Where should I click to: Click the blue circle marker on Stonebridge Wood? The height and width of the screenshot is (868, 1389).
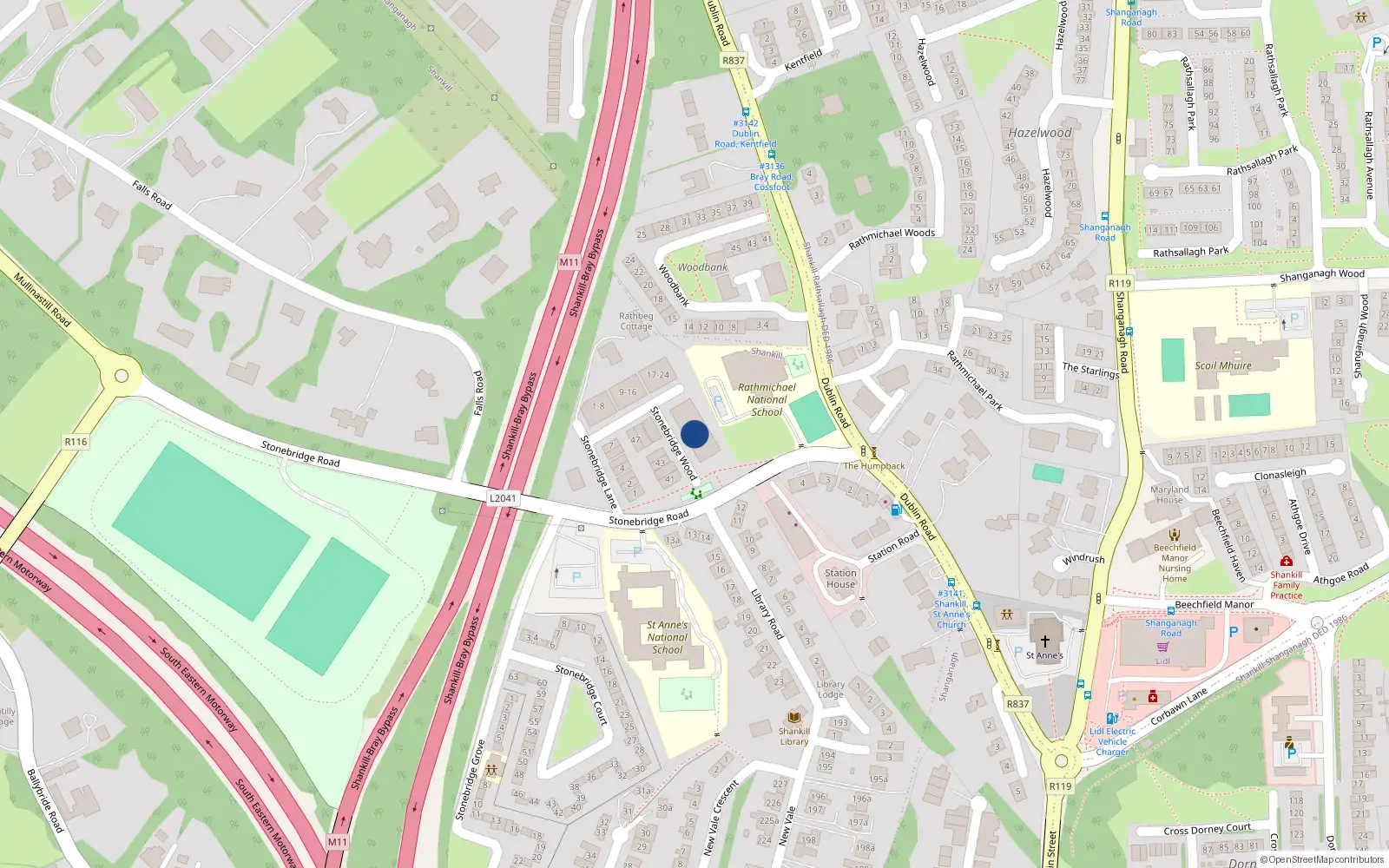pyautogui.click(x=694, y=434)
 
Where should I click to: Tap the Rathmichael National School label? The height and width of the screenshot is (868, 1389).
pyautogui.click(x=767, y=400)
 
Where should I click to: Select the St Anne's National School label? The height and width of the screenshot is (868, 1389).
pyautogui.click(x=667, y=637)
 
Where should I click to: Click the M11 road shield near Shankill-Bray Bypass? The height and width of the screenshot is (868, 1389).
pyautogui.click(x=569, y=261)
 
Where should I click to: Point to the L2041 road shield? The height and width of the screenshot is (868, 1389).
pyautogui.click(x=503, y=498)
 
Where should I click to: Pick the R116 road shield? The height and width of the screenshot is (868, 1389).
pyautogui.click(x=76, y=442)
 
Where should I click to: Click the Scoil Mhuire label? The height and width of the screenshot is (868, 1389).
pyautogui.click(x=1223, y=365)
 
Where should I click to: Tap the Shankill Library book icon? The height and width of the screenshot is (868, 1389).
pyautogui.click(x=793, y=718)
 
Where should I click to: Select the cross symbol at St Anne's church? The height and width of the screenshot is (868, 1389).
pyautogui.click(x=1045, y=641)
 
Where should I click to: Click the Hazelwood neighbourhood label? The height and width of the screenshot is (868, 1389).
pyautogui.click(x=1040, y=133)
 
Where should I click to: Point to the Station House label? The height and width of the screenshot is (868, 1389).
pyautogui.click(x=840, y=578)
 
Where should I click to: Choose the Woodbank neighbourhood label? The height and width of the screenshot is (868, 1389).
pyautogui.click(x=702, y=267)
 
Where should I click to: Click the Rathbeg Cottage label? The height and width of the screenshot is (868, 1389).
pyautogui.click(x=636, y=321)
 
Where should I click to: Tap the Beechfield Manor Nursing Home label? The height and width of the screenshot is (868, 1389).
pyautogui.click(x=1175, y=563)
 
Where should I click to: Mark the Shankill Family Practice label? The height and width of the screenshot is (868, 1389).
pyautogui.click(x=1286, y=585)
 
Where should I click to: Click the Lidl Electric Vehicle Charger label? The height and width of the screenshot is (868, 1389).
pyautogui.click(x=1112, y=741)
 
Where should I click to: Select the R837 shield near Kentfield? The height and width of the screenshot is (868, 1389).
pyautogui.click(x=734, y=61)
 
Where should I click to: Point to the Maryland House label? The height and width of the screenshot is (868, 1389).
pyautogui.click(x=1169, y=495)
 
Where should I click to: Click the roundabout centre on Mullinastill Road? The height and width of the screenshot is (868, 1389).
pyautogui.click(x=122, y=376)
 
